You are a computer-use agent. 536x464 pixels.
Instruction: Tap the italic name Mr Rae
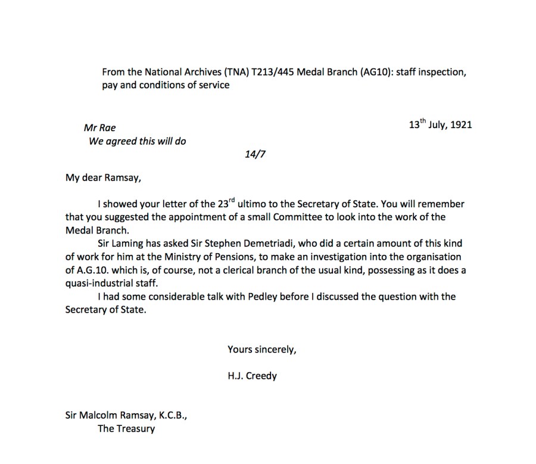point(100,128)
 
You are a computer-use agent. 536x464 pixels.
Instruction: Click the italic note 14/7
point(254,155)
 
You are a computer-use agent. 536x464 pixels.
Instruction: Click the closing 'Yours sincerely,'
point(261,350)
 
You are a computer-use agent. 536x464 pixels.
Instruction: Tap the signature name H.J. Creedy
point(252,376)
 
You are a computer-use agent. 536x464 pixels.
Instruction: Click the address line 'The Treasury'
point(126,428)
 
